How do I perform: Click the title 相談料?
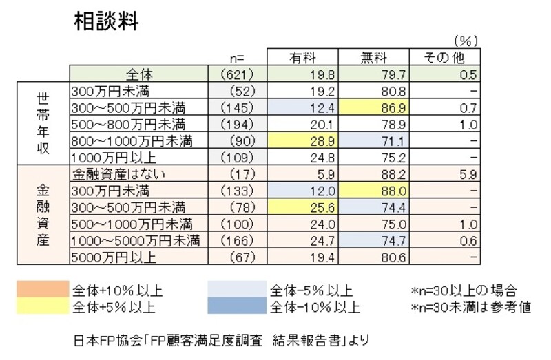tap(106, 22)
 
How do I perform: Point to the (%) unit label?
tap(465, 41)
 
